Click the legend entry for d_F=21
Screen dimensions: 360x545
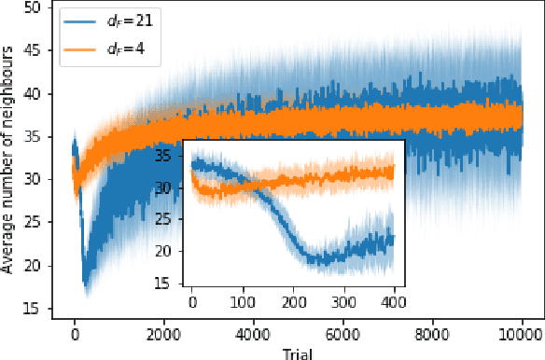pos(112,19)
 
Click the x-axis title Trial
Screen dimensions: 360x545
pos(298,352)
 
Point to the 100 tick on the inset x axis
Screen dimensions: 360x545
pos(243,303)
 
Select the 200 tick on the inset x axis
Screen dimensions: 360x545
pos(293,303)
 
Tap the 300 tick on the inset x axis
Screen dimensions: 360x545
pos(343,303)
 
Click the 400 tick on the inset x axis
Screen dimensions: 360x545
pos(394,303)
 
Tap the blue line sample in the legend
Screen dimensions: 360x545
pos(77,19)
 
